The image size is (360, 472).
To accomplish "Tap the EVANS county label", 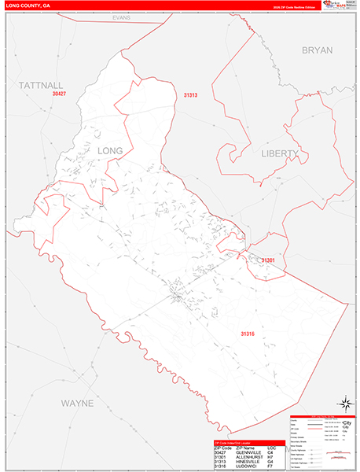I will (120, 17).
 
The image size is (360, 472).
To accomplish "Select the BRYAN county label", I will (318, 50).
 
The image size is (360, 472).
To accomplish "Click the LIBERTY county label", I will (280, 153).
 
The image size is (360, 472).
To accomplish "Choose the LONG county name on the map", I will (111, 149).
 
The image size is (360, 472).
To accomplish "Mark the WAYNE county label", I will (77, 403).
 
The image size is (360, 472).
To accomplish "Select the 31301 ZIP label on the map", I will (269, 260).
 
